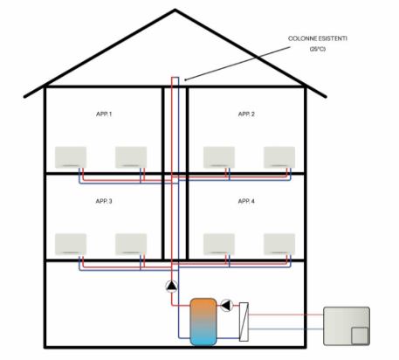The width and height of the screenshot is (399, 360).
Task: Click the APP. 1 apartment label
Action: [104, 114]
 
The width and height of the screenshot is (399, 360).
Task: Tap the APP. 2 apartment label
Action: [246, 114]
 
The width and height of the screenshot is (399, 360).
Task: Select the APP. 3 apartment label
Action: [104, 201]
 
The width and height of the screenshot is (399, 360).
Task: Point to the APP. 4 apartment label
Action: [246, 201]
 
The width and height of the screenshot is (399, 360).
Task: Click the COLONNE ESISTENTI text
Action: [318, 38]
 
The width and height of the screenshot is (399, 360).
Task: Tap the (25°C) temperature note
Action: [318, 49]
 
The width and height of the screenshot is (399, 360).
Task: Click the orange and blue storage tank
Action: [203, 322]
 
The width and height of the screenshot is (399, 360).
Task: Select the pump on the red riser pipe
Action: [172, 287]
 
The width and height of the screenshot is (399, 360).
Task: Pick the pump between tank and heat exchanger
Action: [227, 306]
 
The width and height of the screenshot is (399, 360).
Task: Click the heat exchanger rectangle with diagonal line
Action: [244, 322]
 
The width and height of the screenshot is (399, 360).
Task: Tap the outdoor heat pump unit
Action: [347, 326]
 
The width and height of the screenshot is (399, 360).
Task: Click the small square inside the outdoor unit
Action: [360, 336]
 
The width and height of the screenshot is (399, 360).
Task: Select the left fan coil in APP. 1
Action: [71, 157]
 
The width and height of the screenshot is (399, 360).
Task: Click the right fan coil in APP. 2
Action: [279, 157]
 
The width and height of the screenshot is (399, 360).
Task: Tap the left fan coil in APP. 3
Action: [71, 244]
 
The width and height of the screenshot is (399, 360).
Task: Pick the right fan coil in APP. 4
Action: [279, 244]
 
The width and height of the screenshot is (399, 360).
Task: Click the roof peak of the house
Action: [175, 10]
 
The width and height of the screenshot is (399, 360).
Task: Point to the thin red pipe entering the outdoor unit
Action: [285, 315]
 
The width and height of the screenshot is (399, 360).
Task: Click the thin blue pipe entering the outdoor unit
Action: [285, 329]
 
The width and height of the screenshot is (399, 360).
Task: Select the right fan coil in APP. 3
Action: [131, 244]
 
